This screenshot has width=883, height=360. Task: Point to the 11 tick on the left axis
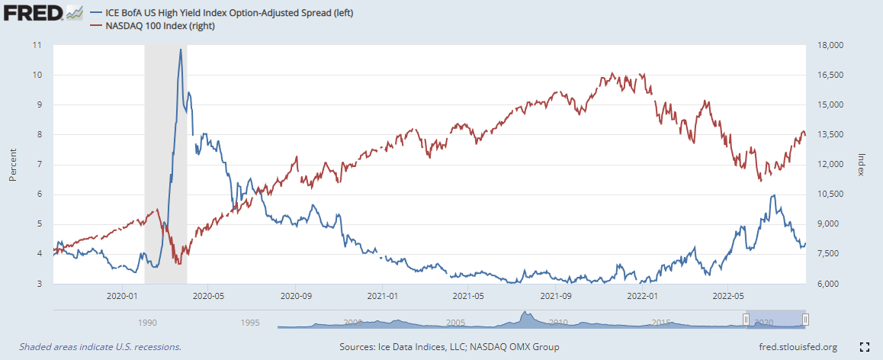(x=37, y=45)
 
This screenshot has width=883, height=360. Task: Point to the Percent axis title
(x=13, y=164)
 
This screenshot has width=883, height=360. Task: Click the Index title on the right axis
(x=862, y=164)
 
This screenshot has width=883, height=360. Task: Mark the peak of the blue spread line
(x=180, y=50)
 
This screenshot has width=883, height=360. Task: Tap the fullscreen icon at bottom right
(x=864, y=347)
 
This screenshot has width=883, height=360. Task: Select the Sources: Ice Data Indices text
(x=449, y=347)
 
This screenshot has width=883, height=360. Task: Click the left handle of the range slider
(x=746, y=320)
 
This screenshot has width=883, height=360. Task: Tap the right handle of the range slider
(x=805, y=320)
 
